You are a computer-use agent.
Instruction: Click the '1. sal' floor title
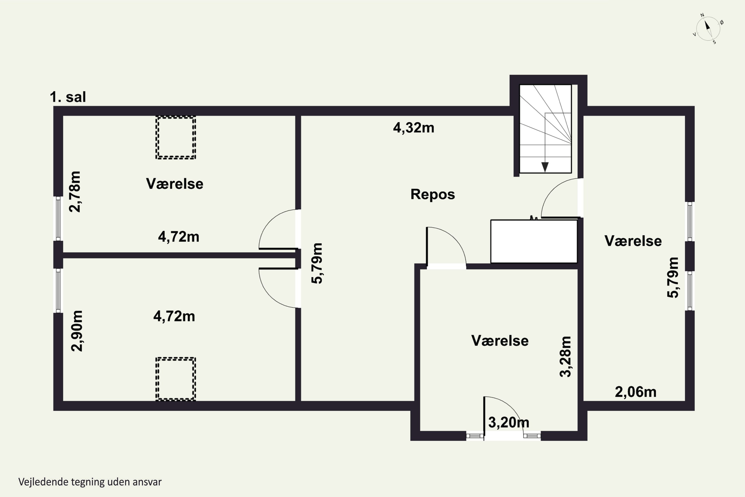[x=68, y=97]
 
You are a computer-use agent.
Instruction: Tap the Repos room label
[x=433, y=194]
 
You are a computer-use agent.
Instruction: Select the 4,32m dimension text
[x=414, y=128]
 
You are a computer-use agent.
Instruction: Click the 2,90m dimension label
[x=77, y=331]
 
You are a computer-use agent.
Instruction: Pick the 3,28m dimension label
[x=565, y=357]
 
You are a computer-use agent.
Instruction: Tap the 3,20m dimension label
[x=509, y=422]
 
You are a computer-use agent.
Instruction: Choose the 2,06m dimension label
[x=636, y=392]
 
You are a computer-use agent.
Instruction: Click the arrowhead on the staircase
[x=545, y=167]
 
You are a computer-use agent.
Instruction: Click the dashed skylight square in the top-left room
[x=176, y=138]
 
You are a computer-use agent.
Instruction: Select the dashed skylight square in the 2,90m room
[x=176, y=379]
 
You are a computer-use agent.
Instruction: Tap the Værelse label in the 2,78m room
[x=175, y=184]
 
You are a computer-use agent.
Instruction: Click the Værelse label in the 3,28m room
[x=500, y=341]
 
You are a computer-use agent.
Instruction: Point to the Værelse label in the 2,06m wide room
[x=633, y=241]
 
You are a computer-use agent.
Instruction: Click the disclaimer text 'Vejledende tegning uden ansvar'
[x=90, y=482]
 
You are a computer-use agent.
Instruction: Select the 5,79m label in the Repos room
[x=317, y=263]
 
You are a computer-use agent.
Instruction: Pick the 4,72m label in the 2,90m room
[x=174, y=316]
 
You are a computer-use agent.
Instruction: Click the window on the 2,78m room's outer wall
[x=58, y=218]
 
